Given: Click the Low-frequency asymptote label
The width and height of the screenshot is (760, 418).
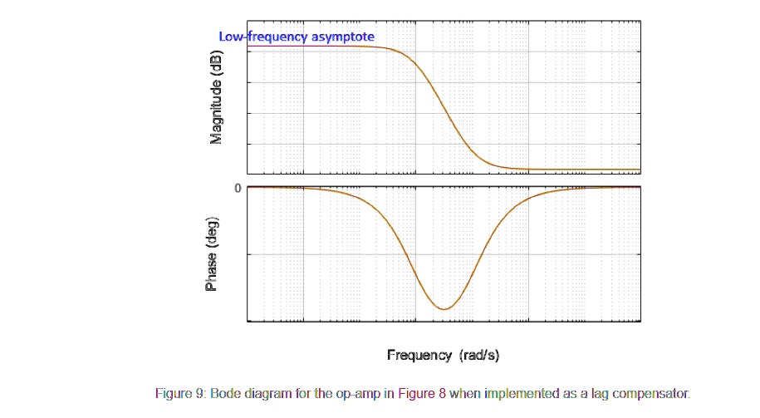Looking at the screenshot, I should point(296,37).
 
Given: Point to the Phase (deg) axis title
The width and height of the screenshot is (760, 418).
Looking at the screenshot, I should point(212,254).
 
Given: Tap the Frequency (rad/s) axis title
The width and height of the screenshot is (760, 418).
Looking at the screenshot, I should point(443,355).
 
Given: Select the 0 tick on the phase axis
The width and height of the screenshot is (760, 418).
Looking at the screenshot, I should point(238,188).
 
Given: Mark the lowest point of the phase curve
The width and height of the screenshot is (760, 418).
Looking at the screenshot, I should point(445,309).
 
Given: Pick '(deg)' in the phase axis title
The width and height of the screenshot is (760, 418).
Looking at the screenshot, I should point(212,233).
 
